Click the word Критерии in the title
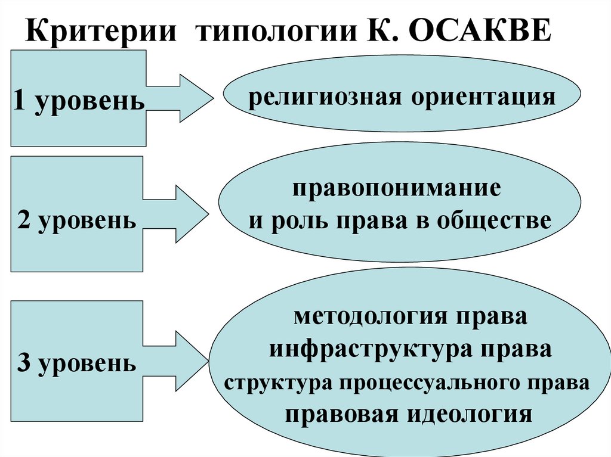[100, 31]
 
